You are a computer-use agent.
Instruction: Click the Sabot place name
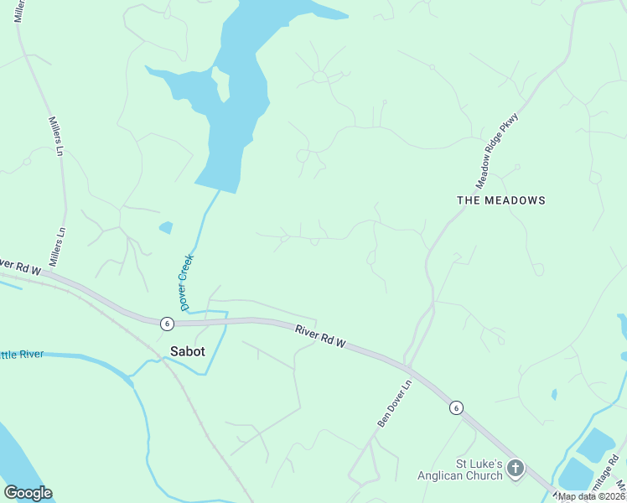(187, 351)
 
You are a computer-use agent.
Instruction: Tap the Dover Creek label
(186, 282)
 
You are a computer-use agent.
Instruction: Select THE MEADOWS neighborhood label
(501, 200)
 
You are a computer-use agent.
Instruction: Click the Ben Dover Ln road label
(395, 404)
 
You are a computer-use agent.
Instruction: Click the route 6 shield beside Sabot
(167, 323)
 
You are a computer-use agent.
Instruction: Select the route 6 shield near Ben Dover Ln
(455, 407)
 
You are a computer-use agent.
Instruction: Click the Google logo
(28, 493)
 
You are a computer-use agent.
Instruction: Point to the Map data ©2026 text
(592, 496)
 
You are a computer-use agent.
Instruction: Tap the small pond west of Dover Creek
(166, 227)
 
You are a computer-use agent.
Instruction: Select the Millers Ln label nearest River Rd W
(57, 247)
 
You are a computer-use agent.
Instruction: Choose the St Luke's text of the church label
(479, 464)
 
